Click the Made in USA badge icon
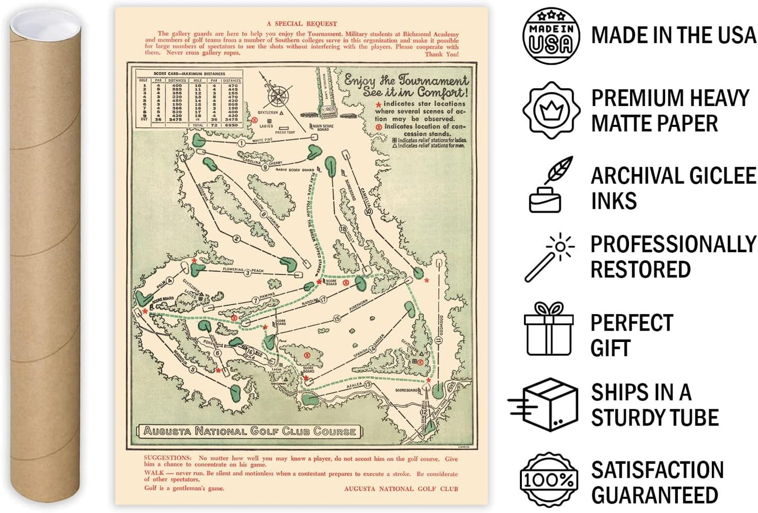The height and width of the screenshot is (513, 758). [551, 36]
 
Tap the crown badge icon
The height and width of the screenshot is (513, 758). [551, 110]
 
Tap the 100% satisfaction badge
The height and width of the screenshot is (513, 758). [548, 479]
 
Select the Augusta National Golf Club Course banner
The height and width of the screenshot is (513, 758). [250, 431]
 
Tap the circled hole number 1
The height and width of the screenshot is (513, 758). [241, 143]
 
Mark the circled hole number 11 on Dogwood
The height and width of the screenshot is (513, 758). [439, 340]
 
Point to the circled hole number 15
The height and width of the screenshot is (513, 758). [337, 318]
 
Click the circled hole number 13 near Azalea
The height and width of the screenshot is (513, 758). [368, 385]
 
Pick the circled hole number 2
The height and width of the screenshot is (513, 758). [237, 239]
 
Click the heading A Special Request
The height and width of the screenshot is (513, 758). [302, 24]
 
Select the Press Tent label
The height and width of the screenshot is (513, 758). [285, 132]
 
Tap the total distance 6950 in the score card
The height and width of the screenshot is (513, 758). [231, 125]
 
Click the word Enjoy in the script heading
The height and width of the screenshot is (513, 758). [359, 80]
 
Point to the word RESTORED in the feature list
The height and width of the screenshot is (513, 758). [640, 270]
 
